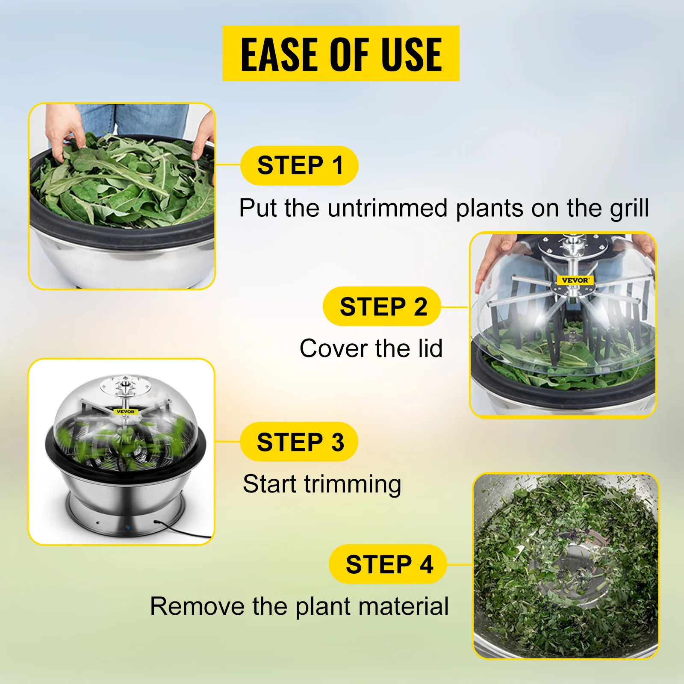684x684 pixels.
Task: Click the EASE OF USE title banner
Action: coord(341,53)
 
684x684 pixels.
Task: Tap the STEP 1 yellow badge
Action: coord(299,165)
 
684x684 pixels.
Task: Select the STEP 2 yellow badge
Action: coord(382,307)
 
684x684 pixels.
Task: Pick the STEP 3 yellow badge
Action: coord(299,442)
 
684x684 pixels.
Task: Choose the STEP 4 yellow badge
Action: coord(388,564)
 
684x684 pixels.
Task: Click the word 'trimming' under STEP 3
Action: coord(353,484)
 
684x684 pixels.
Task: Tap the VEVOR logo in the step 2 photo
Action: coord(575,280)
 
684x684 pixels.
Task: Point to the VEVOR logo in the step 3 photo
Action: coord(125,412)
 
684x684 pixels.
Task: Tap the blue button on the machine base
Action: coord(127,528)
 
